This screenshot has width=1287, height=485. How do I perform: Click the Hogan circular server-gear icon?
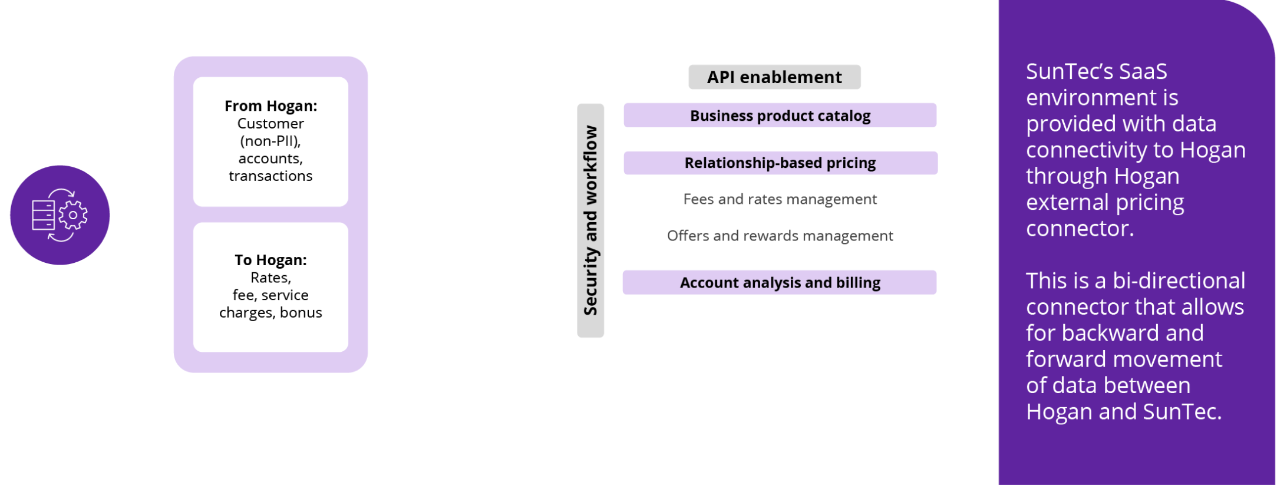point(60,215)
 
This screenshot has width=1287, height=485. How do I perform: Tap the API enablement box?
point(774,77)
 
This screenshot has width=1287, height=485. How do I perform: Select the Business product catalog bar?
point(780,116)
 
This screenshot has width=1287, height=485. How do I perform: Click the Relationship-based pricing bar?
point(780,163)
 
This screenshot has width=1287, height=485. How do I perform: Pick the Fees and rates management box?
point(780,199)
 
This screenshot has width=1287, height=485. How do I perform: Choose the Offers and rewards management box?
point(780,235)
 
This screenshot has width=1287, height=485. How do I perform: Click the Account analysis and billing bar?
point(780,283)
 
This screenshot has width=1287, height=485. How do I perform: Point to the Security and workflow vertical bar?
point(590,220)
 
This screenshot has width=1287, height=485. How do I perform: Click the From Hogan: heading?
point(270,106)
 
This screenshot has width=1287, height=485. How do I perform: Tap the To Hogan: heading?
point(270,260)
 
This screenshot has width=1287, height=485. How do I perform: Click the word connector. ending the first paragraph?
point(1080,229)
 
